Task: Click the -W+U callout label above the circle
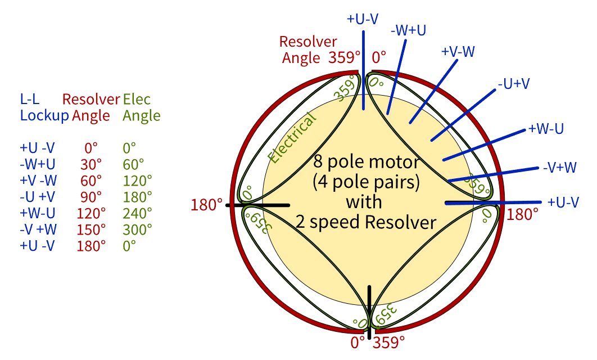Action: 409,29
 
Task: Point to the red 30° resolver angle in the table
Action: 91,164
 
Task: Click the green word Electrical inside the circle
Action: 292,138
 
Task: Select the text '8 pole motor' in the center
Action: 367,163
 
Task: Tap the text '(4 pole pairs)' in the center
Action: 367,182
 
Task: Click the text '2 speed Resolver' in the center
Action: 367,222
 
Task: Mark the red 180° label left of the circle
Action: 207,205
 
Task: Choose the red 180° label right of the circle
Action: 523,214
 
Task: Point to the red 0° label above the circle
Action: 379,57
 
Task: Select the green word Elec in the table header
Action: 137,100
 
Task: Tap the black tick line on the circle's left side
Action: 257,205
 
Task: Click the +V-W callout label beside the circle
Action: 458,52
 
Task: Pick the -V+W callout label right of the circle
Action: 559,167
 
